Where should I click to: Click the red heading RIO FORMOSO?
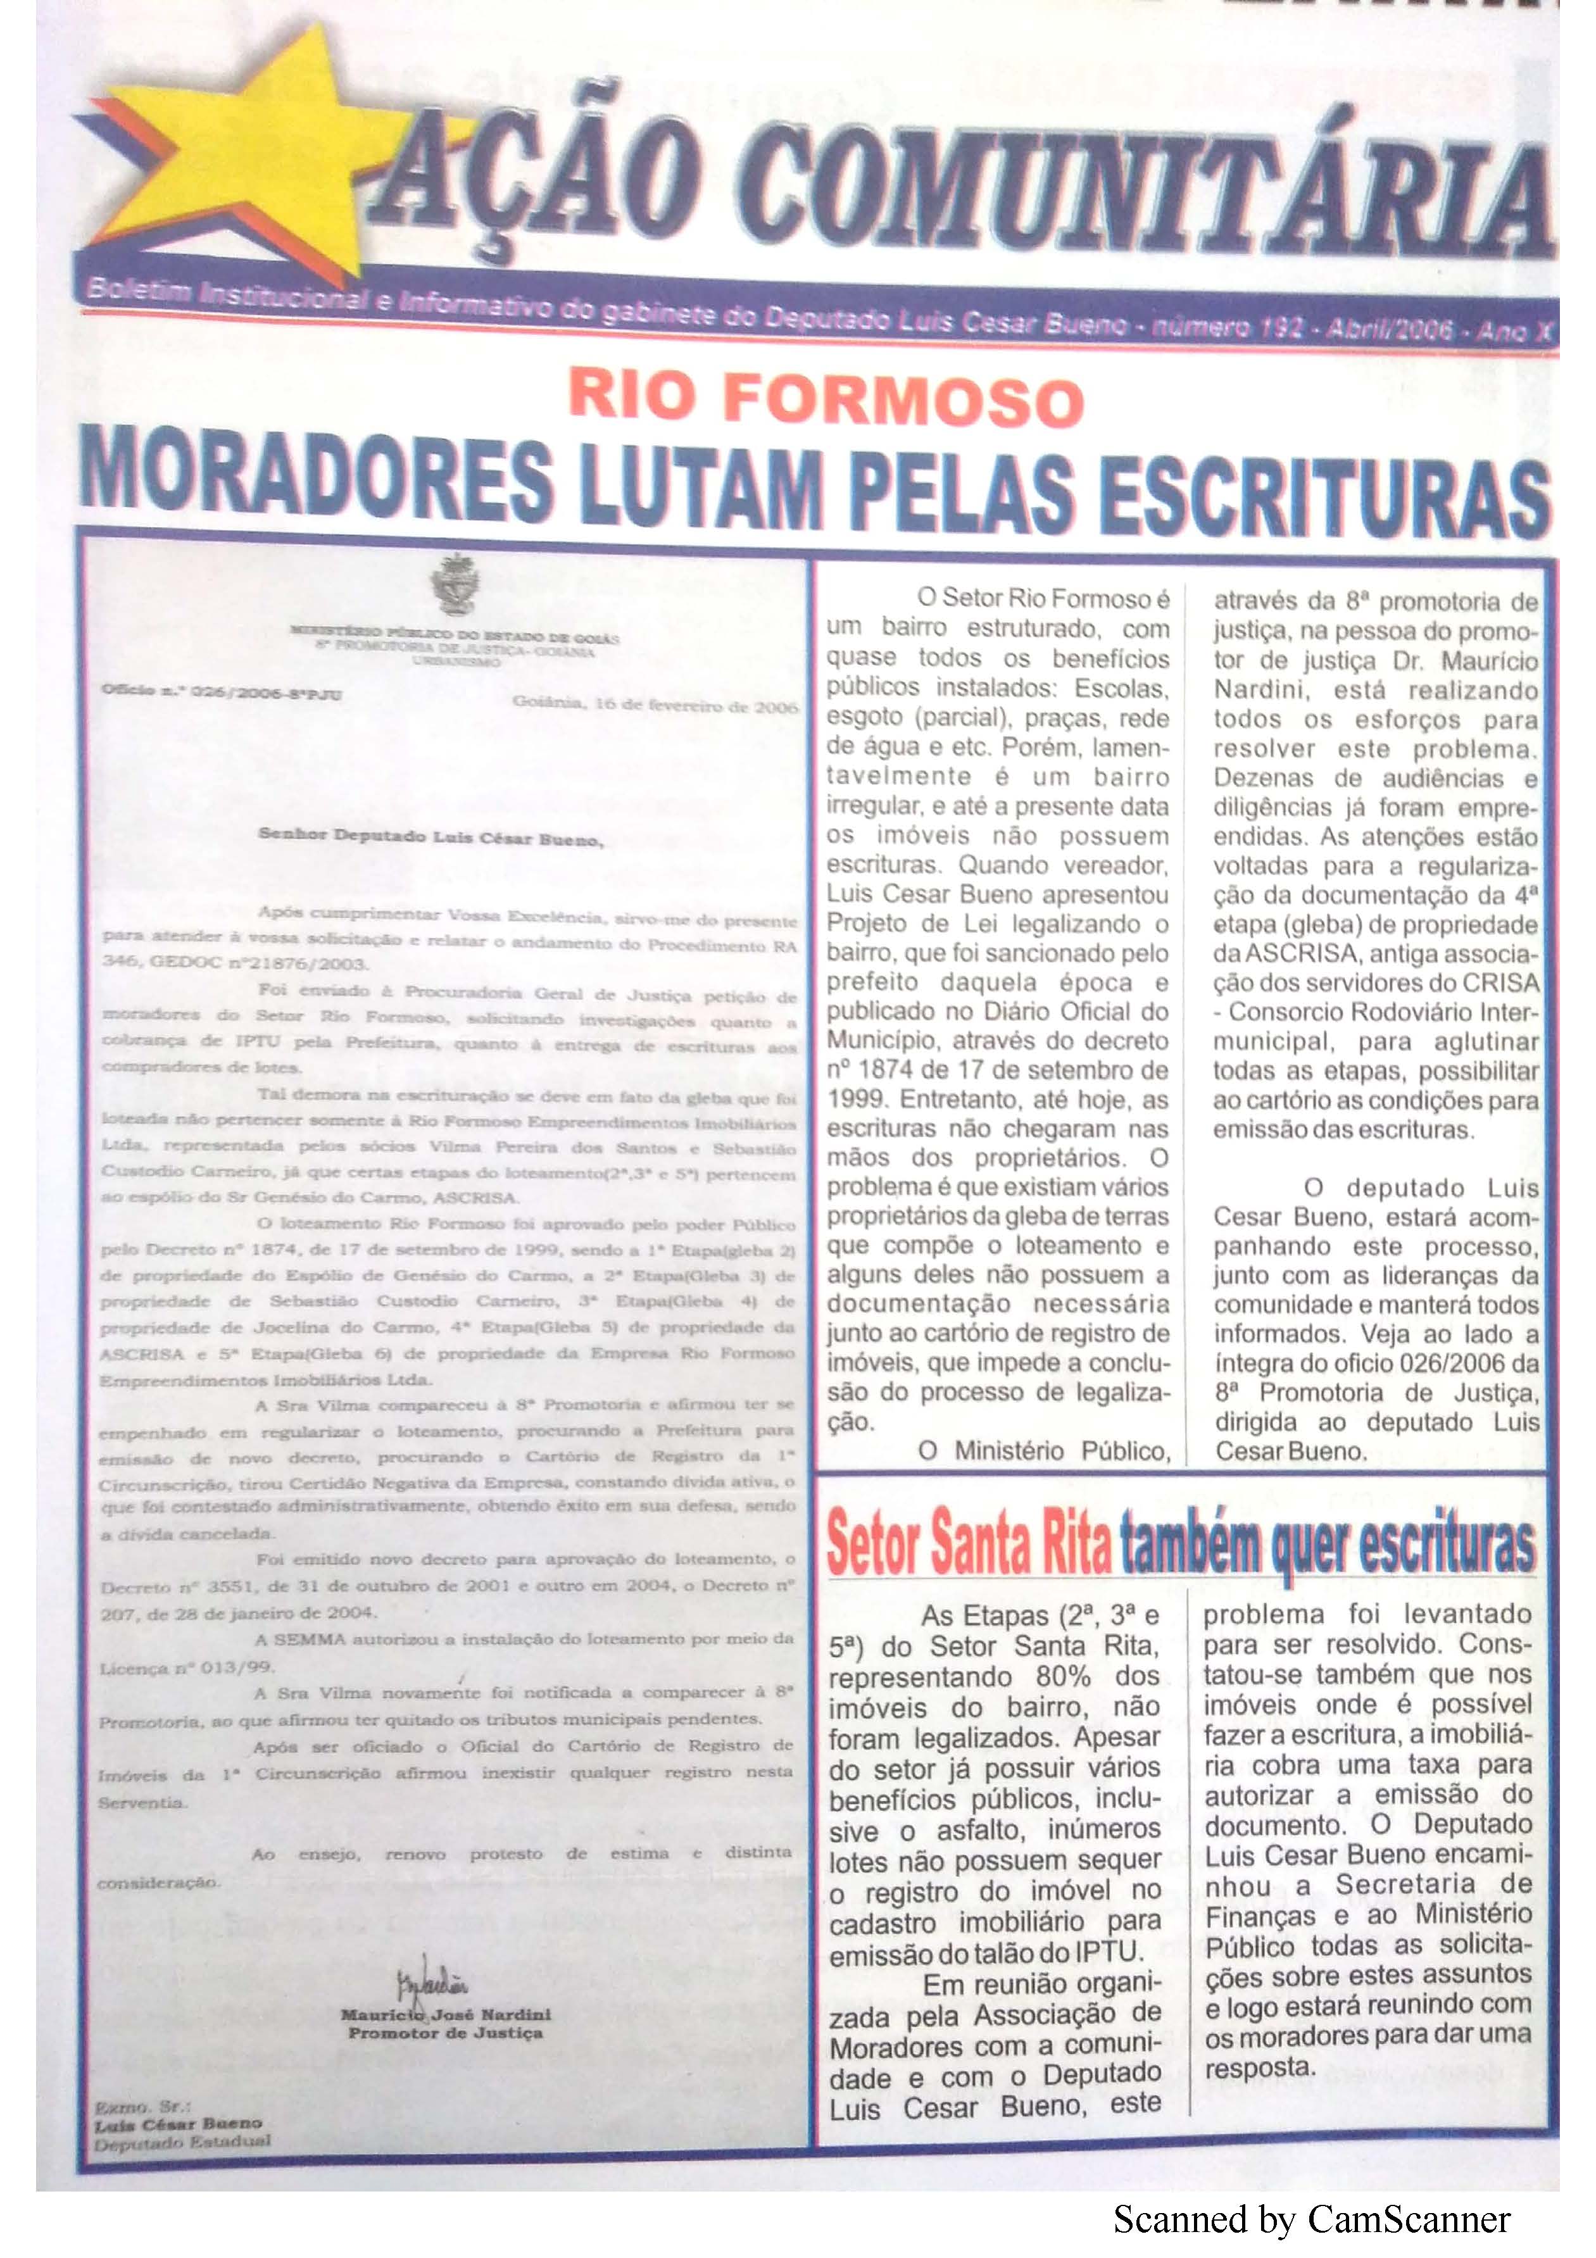(826, 400)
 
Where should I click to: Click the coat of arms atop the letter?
(455, 583)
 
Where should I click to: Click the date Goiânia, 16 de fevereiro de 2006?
(654, 706)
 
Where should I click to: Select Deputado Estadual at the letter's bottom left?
(182, 2142)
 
